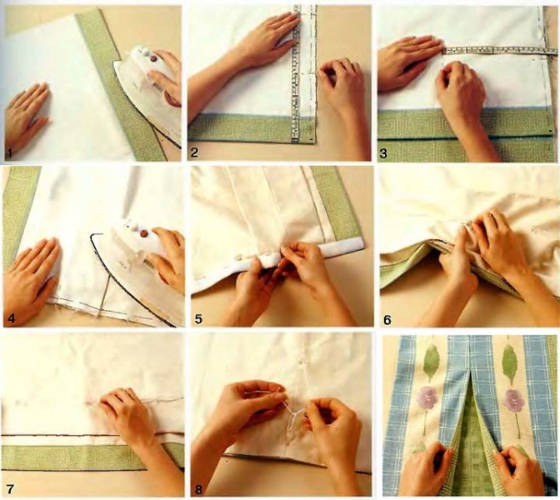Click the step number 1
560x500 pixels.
(x=9, y=154)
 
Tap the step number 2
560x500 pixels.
(x=194, y=153)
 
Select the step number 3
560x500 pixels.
(x=383, y=154)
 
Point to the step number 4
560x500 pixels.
(x=11, y=318)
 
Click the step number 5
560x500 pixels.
(x=198, y=319)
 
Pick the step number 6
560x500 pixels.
(x=387, y=320)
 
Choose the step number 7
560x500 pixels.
(x=10, y=488)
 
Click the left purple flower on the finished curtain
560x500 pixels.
(x=425, y=397)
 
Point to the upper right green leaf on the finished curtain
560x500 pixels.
(x=509, y=362)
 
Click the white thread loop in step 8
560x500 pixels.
(x=295, y=415)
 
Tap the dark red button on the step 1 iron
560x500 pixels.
(x=153, y=58)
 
